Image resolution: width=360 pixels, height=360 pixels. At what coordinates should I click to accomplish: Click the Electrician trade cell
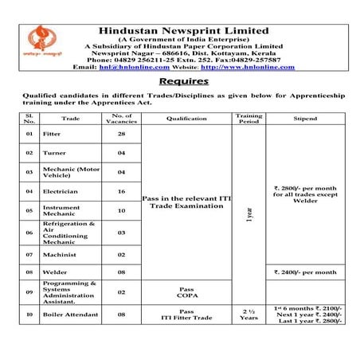(x=62, y=191)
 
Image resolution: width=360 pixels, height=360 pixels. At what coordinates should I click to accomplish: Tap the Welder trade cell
(x=55, y=272)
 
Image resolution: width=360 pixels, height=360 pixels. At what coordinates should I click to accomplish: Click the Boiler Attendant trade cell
(x=72, y=315)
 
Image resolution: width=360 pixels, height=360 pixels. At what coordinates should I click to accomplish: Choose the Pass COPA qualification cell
(x=186, y=292)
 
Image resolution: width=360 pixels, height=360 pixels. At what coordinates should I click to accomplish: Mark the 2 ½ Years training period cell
(x=248, y=315)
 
